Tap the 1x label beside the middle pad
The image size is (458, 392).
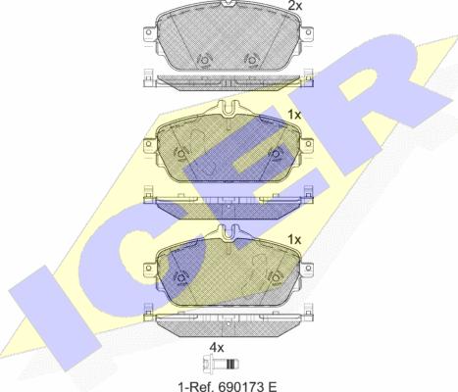pos(292,115)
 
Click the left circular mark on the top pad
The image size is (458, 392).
pos(204,60)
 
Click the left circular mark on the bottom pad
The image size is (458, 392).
pos(179,275)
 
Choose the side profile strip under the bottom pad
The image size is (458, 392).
pos(229,321)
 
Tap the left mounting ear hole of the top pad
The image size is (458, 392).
pos(149,41)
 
